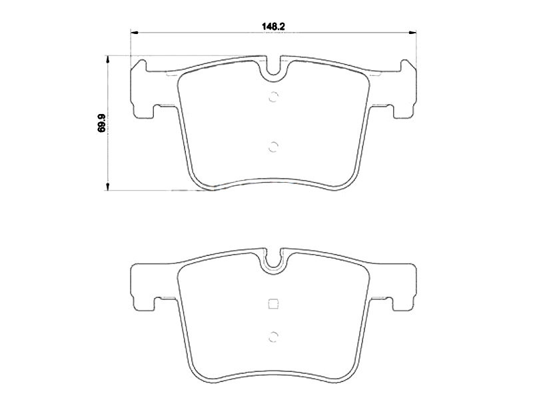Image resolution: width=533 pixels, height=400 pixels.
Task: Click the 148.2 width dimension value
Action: point(273,26)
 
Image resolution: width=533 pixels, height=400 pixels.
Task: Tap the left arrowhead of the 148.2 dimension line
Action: point(134,33)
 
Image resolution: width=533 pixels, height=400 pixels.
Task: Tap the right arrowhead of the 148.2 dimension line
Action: point(412,33)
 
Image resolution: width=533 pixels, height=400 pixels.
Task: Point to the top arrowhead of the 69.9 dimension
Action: point(108,59)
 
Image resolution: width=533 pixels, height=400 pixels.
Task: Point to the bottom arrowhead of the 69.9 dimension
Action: point(108,187)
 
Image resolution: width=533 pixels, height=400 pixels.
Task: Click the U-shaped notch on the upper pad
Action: point(273,69)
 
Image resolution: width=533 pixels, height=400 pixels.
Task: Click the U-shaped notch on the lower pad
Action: point(273,259)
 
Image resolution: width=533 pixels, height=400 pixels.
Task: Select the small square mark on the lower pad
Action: point(273,303)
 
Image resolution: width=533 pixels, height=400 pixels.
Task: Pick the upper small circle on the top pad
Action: point(273,97)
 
